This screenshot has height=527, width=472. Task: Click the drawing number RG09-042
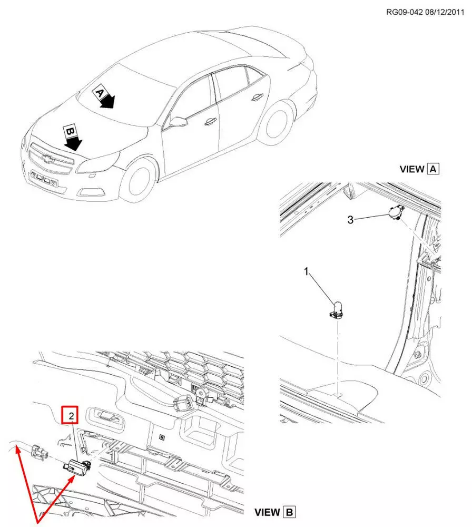point(404,12)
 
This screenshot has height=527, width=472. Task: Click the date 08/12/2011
point(445,12)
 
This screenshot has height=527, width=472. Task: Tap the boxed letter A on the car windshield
point(99,93)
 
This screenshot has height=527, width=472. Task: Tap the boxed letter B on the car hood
point(70,131)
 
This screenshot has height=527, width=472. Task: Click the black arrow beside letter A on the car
point(108,101)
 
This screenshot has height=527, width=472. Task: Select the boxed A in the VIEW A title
point(432,169)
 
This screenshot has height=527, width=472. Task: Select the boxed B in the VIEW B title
point(289,512)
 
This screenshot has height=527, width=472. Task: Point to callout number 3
point(350,220)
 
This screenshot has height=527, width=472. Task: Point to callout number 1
point(306,271)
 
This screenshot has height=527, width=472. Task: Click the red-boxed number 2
point(70,415)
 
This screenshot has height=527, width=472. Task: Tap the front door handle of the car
point(210,121)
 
